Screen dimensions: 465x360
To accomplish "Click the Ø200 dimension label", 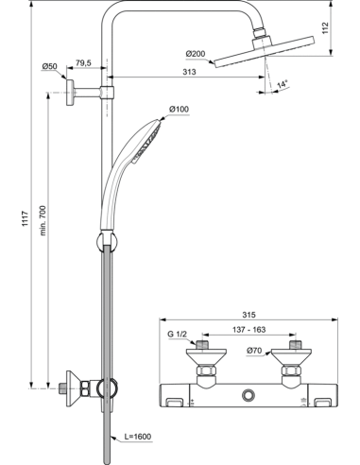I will (x=196, y=52).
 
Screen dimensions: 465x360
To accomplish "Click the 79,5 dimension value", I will (x=83, y=62).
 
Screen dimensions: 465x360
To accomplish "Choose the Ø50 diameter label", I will (x=50, y=65).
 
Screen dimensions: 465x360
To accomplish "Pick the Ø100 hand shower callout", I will (x=179, y=111).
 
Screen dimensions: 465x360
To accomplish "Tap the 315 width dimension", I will (x=249, y=316).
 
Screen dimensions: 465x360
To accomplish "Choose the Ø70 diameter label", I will (x=253, y=352).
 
